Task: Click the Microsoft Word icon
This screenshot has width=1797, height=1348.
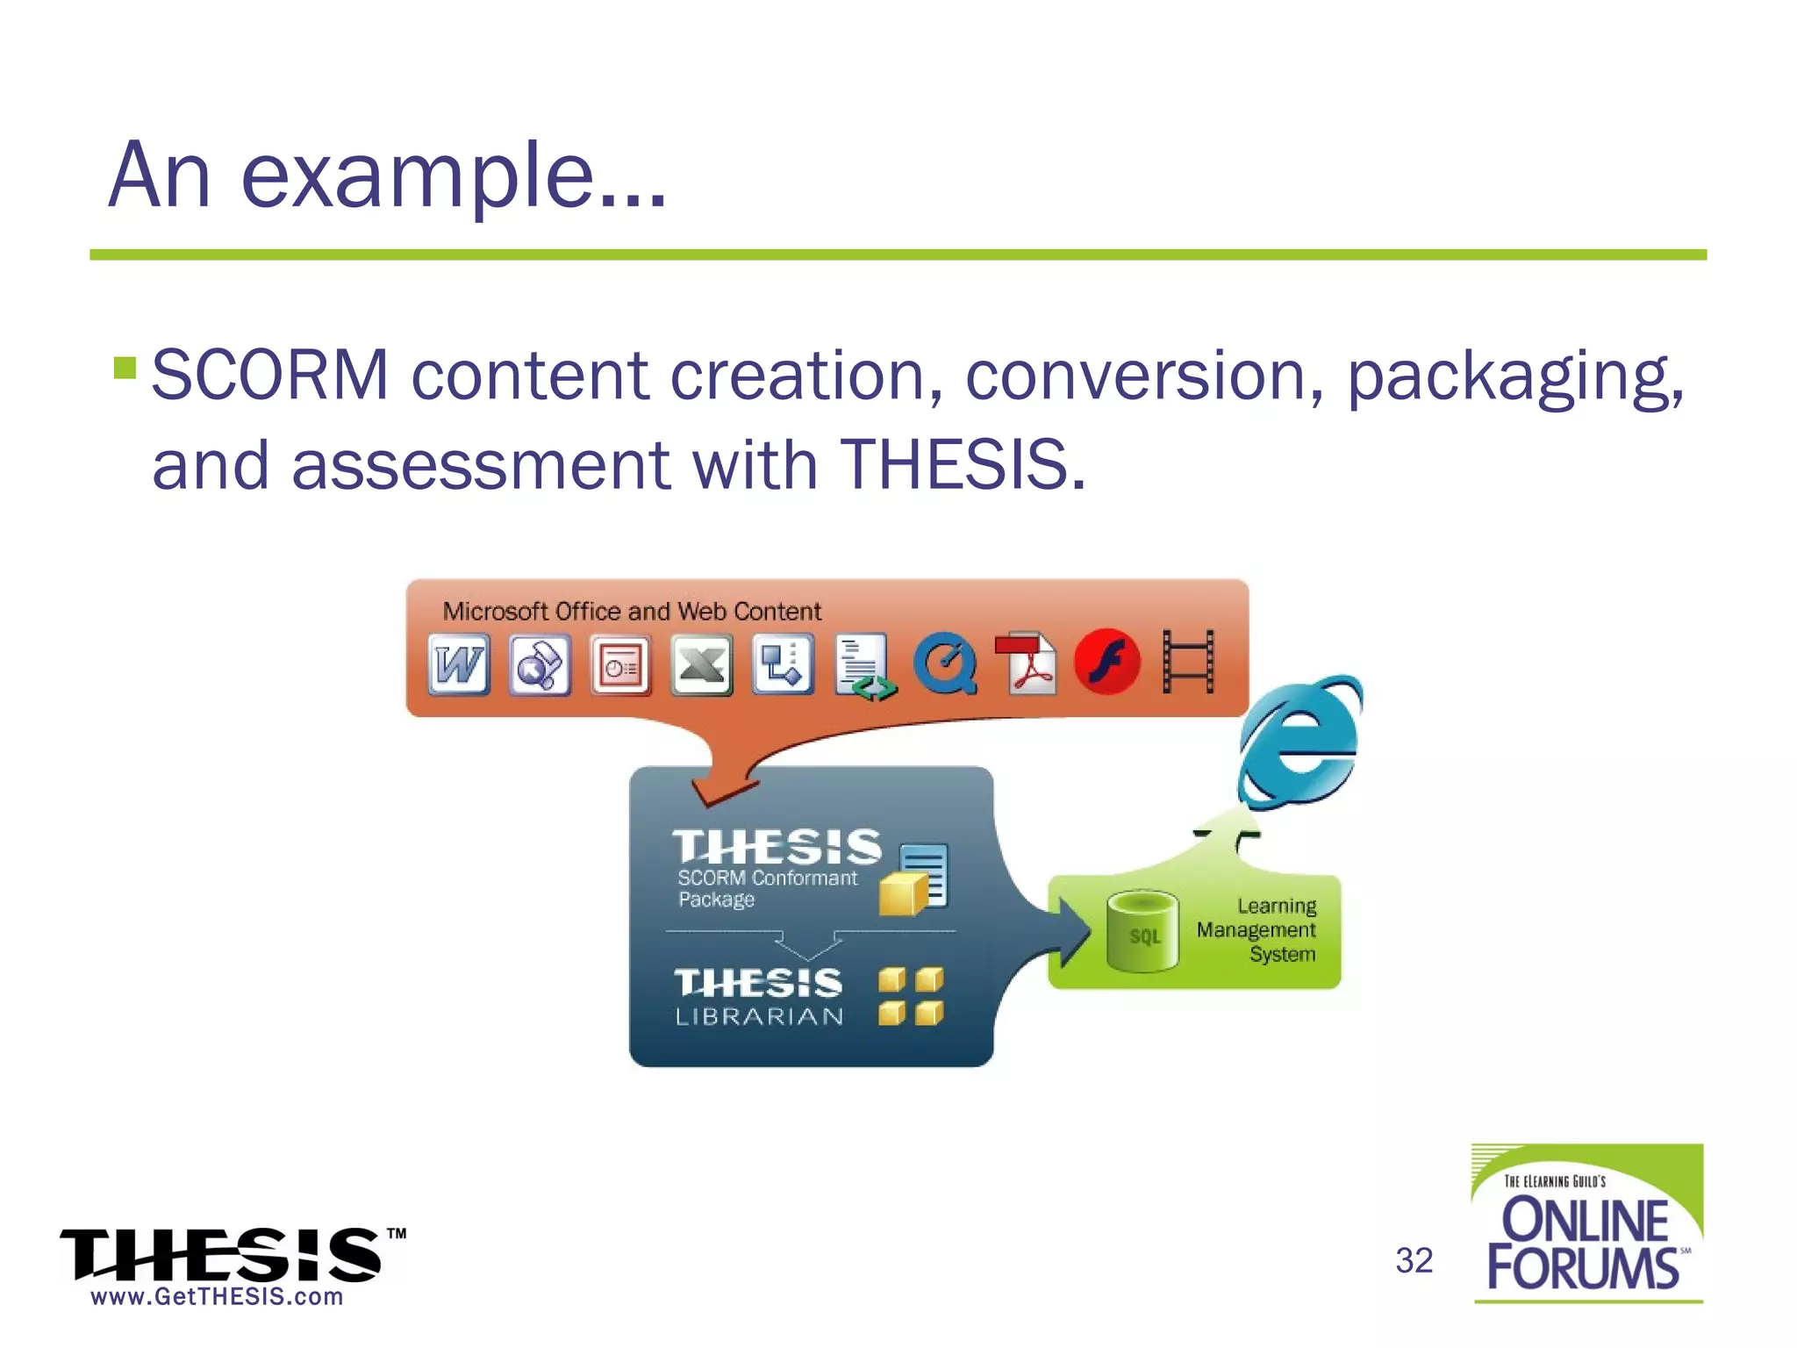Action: pyautogui.click(x=459, y=664)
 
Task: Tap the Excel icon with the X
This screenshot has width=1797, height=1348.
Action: pyautogui.click(x=701, y=664)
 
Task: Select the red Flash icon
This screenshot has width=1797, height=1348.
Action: pyautogui.click(x=1107, y=663)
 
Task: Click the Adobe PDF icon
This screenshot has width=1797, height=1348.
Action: pyautogui.click(x=1027, y=663)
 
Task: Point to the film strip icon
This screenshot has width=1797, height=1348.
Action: pyautogui.click(x=1188, y=662)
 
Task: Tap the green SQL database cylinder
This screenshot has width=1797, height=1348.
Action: pyautogui.click(x=1142, y=931)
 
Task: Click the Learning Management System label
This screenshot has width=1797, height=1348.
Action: pyautogui.click(x=1256, y=930)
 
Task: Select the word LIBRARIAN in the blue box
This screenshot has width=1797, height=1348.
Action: pyautogui.click(x=759, y=1016)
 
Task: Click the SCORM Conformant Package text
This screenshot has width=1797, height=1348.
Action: pyautogui.click(x=765, y=888)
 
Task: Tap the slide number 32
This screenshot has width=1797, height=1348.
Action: pyautogui.click(x=1414, y=1261)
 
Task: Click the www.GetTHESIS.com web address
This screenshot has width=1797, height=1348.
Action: pyautogui.click(x=217, y=1297)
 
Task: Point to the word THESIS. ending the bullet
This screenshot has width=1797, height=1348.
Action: pyautogui.click(x=963, y=464)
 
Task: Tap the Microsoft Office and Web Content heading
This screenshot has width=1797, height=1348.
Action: pyautogui.click(x=632, y=611)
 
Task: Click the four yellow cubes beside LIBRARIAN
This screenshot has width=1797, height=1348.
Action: pyautogui.click(x=911, y=996)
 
